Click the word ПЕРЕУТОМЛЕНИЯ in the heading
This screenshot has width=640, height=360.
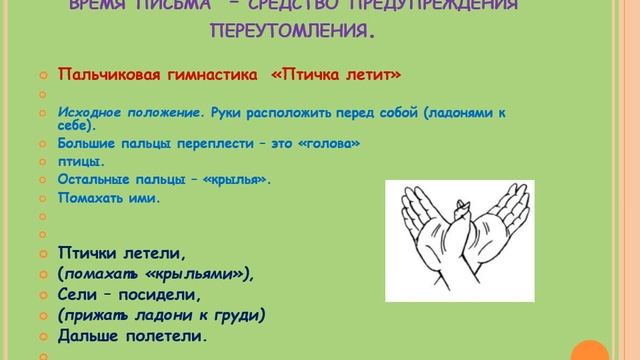[x=293, y=32]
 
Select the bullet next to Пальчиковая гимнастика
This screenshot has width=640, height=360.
[x=42, y=75]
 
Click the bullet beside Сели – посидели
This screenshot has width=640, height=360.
[x=42, y=294]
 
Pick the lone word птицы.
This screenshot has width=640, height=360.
[x=81, y=161]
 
